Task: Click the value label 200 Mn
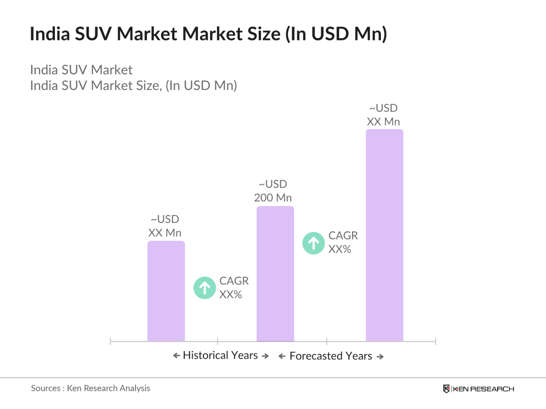273,198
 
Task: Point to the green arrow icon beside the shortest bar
205,288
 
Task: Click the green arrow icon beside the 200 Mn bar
314,243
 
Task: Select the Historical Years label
221,355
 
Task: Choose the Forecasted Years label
331,356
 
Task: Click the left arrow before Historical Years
176,356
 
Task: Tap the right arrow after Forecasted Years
380,357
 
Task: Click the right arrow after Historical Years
265,356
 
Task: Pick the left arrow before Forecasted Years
282,356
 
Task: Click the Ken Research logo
478,389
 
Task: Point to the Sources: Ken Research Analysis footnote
90,388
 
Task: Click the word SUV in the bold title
93,34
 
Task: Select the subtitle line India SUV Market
81,70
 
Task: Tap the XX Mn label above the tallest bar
383,122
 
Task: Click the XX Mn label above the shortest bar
165,233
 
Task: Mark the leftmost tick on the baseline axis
110,341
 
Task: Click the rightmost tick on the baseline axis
435,341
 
